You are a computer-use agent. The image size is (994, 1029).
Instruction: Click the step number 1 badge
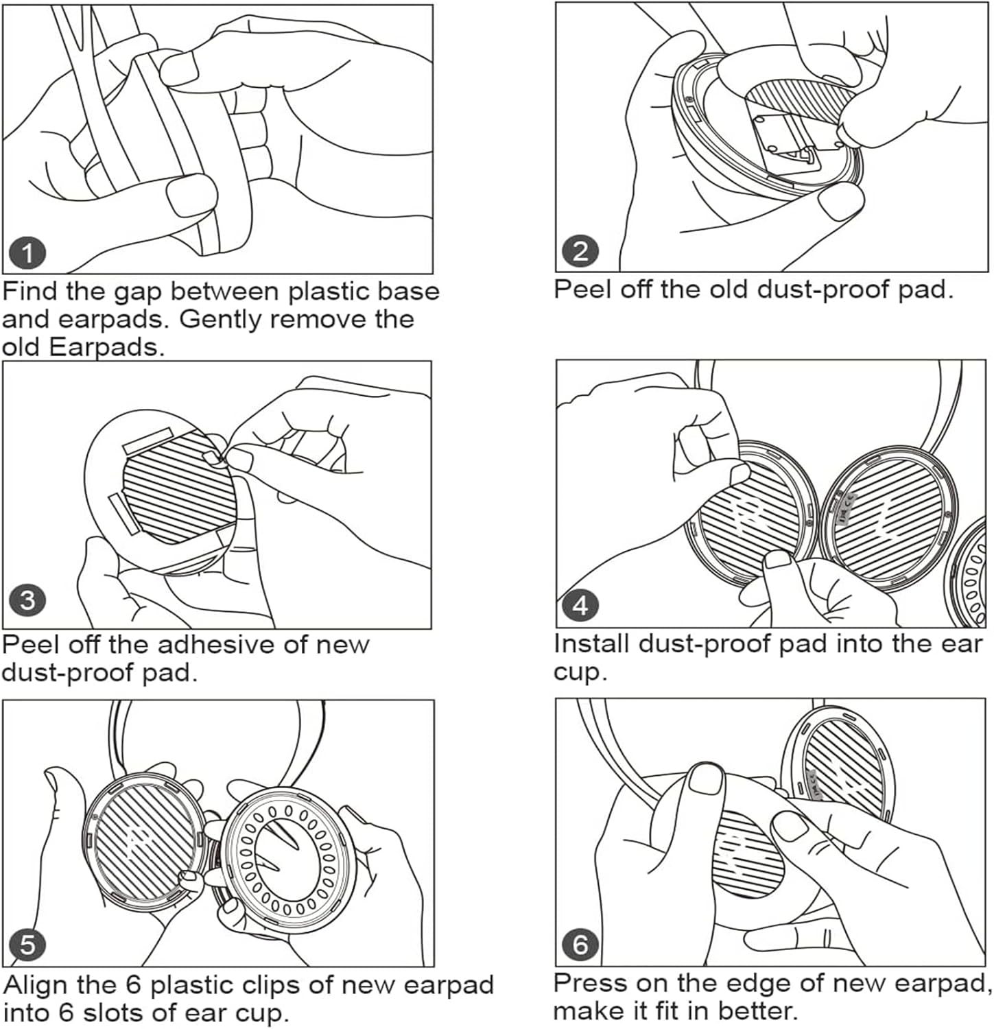click(x=27, y=254)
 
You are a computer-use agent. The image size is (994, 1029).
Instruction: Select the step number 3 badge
click(x=27, y=601)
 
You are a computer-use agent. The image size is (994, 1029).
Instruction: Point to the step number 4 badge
click(x=580, y=606)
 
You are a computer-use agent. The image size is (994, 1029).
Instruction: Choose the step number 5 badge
click(x=27, y=945)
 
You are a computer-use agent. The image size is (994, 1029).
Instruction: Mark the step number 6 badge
click(x=580, y=945)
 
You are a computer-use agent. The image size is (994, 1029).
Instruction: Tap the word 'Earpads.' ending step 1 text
click(x=107, y=348)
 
